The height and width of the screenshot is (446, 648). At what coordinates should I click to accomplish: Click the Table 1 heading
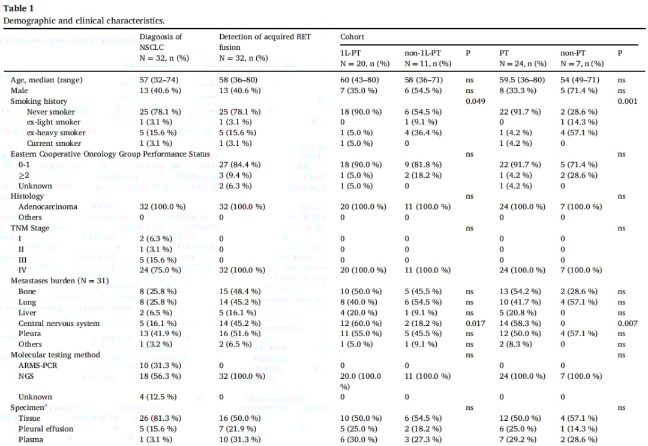pos(19,8)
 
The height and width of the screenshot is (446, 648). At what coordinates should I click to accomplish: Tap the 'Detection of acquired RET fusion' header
pos(265,42)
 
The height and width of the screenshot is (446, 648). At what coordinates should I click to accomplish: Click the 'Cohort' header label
pos(352,37)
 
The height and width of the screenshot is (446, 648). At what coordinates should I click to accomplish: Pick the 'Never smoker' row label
pos(51,112)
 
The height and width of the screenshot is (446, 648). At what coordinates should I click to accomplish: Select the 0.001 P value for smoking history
pos(628,101)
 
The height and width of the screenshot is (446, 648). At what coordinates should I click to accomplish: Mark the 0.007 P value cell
pos(628,323)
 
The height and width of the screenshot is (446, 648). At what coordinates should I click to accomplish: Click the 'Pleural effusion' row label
pos(46,429)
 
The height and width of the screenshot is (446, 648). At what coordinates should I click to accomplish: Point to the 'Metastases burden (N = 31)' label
pos(59,280)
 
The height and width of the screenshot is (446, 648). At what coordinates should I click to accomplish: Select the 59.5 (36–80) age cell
pos(522,80)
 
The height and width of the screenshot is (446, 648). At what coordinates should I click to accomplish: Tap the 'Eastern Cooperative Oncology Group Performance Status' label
pos(110,154)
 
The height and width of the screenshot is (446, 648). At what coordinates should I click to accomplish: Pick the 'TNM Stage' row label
pos(30,228)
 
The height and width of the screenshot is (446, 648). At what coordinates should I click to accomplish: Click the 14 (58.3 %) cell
pos(522,323)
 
